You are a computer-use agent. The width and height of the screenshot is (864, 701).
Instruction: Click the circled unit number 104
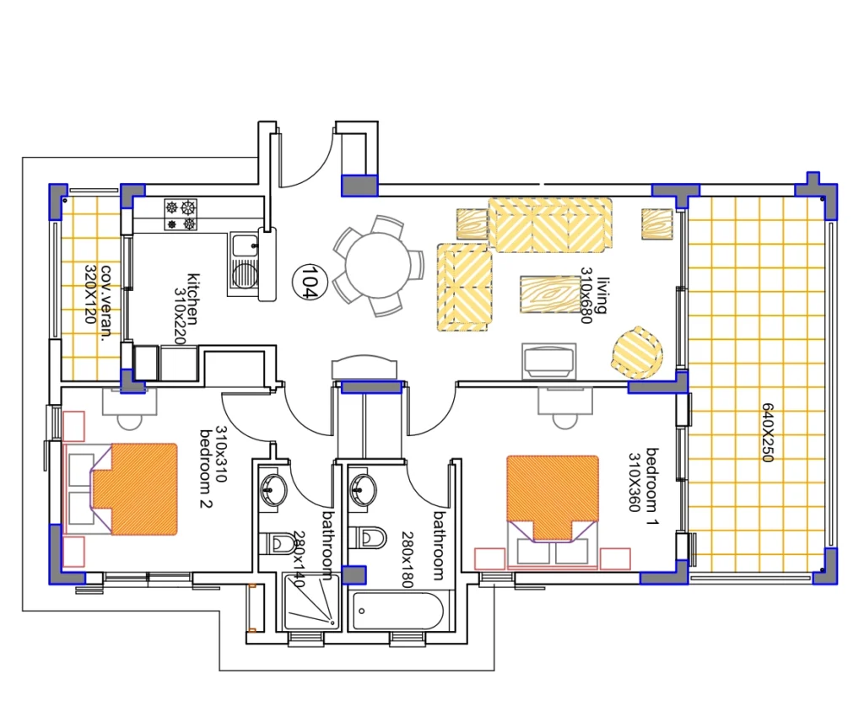(x=310, y=282)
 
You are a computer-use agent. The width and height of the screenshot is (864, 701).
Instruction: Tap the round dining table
(x=378, y=266)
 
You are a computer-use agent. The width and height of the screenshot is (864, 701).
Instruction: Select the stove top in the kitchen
(x=181, y=215)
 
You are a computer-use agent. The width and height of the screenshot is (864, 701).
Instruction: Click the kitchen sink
(x=244, y=266)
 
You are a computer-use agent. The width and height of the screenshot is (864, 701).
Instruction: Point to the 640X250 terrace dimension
(x=768, y=432)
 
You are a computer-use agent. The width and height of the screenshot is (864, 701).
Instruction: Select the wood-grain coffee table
(x=550, y=295)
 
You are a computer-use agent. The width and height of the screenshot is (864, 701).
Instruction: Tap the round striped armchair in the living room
(x=637, y=353)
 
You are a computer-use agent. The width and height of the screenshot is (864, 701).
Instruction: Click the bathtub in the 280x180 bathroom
(x=397, y=612)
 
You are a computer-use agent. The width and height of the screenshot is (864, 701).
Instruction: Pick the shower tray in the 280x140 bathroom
(x=311, y=601)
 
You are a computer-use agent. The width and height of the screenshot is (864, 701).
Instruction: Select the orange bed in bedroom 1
(x=553, y=497)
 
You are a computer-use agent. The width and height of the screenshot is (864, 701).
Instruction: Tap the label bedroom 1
(x=652, y=487)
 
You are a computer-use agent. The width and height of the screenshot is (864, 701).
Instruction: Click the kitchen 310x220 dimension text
(x=180, y=316)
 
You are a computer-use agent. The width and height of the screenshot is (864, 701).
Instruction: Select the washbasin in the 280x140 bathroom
(x=273, y=489)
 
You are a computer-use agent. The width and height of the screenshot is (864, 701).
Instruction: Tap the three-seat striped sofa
(x=550, y=225)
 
